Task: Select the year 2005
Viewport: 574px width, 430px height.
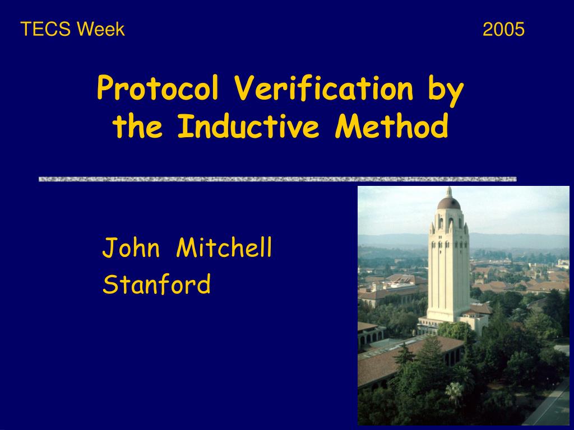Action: coord(503,29)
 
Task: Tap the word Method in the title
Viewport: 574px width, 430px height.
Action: coord(392,128)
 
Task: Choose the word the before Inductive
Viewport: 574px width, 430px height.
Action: coord(138,128)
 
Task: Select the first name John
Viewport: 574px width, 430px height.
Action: coord(131,248)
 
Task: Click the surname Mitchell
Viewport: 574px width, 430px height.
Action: coord(224,248)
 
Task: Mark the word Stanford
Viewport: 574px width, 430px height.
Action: coord(157,284)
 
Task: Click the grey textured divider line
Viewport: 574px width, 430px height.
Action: coord(277,179)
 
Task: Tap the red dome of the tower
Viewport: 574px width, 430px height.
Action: coord(448,203)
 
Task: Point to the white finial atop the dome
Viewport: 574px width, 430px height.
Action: coord(448,190)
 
